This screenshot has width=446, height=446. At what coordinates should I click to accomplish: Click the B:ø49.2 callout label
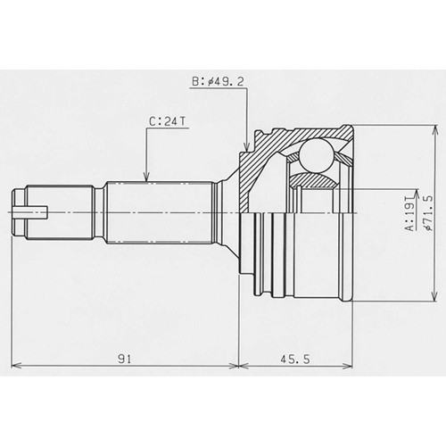218,81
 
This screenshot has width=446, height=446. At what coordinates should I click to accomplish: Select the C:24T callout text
168,121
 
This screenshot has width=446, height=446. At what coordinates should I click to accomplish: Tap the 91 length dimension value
125,359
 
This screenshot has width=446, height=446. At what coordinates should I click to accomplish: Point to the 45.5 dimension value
295,359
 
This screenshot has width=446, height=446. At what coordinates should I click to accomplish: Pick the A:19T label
410,213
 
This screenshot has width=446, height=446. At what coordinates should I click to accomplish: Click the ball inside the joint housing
316,155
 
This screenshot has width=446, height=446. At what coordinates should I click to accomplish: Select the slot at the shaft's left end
29,212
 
